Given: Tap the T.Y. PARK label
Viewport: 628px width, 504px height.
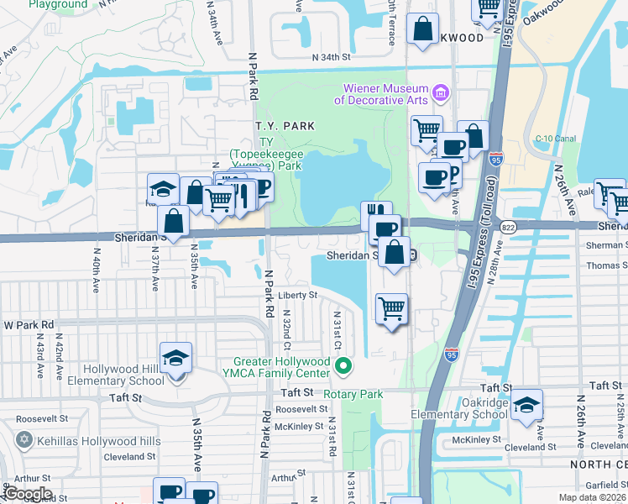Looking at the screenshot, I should point(285,126).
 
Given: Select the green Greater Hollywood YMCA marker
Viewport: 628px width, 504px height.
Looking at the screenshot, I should point(343,367).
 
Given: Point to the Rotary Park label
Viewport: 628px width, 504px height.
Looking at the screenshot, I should point(357,394).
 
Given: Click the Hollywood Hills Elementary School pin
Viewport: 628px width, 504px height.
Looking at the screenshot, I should point(175,360).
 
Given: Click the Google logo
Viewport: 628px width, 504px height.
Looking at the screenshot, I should point(27,493).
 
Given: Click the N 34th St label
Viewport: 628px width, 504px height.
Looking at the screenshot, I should point(330,58).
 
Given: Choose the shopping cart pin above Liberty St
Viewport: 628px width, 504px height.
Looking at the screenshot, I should point(391,309).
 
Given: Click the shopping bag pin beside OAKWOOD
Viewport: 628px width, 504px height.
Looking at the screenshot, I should point(422,29).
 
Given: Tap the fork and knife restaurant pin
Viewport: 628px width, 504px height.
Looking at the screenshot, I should point(376,214).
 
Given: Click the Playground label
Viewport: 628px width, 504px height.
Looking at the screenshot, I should point(58,4).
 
